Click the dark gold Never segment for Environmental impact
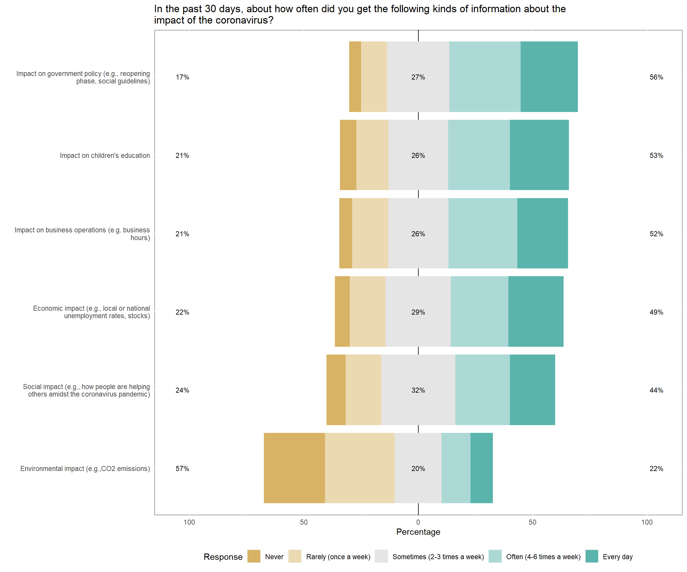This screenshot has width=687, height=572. click(294, 468)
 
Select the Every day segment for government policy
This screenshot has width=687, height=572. click(549, 77)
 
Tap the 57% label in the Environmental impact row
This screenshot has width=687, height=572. click(182, 469)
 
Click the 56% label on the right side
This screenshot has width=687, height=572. click(656, 77)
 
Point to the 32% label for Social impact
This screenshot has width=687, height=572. click(418, 390)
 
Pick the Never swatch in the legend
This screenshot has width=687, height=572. click(254, 556)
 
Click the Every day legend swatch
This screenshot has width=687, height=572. click(592, 556)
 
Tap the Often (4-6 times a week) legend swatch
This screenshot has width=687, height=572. click(495, 556)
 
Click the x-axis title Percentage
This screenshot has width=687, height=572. click(418, 532)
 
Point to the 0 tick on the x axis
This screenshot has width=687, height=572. click(418, 522)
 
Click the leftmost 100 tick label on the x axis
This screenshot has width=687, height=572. click(189, 522)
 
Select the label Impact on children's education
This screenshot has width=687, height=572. click(105, 156)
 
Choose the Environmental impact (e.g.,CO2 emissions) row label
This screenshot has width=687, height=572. click(85, 469)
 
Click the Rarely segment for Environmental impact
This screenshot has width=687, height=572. click(360, 468)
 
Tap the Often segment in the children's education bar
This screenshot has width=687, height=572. click(479, 155)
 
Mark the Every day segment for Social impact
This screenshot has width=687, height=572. click(532, 390)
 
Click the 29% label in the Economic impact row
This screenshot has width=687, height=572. click(418, 312)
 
